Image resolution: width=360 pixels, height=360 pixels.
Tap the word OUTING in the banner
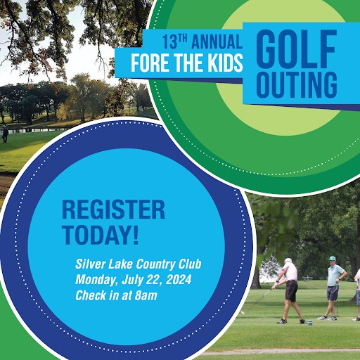(297, 84)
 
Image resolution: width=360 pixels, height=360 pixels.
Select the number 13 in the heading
(169, 42)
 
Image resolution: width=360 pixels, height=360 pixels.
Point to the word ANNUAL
(217, 41)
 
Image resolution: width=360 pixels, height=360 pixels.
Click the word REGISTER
(114, 210)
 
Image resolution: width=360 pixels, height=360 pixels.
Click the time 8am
(146, 295)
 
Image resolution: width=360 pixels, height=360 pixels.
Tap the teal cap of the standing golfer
(332, 258)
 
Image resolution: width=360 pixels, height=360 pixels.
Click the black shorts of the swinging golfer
(291, 291)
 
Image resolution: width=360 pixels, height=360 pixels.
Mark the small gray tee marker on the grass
(310, 323)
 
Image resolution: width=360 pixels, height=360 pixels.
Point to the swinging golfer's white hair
(288, 260)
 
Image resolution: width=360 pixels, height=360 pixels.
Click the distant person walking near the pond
(5, 134)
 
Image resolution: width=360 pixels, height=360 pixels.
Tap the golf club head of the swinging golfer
(243, 313)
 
